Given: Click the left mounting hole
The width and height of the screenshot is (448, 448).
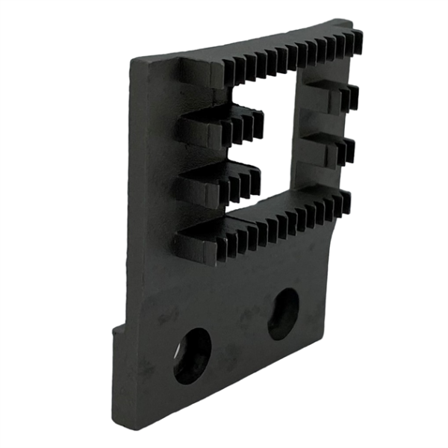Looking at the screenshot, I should coord(193,355).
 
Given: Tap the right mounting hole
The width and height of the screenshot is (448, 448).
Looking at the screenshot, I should coord(284,314).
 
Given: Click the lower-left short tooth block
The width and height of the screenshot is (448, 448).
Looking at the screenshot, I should coord(217,183).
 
